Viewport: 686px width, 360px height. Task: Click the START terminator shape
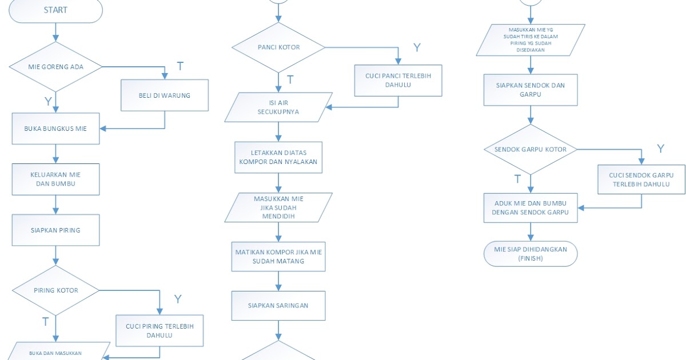(55, 10)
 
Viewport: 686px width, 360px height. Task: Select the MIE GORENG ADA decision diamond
(55, 67)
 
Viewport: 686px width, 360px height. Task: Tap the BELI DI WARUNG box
(165, 95)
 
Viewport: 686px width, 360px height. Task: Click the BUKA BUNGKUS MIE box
(55, 128)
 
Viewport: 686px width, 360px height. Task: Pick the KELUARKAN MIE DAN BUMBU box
(55, 179)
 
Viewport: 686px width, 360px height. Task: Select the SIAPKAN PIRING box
(55, 230)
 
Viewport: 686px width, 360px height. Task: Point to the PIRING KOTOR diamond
(55, 290)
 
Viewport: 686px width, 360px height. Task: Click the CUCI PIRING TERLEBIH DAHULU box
(159, 331)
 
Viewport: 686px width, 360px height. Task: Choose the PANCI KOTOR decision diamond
(278, 47)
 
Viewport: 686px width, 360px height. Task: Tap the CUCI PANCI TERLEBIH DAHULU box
(398, 80)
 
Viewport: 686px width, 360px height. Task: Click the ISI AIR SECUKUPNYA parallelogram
(278, 107)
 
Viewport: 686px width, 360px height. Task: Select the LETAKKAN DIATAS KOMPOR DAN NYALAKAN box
(278, 157)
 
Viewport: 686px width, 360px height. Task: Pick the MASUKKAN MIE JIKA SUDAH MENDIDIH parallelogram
(278, 207)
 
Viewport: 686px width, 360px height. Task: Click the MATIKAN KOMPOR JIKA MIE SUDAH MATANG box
(278, 256)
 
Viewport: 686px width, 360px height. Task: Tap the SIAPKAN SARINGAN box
(278, 306)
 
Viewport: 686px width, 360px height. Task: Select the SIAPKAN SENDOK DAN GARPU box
(531, 90)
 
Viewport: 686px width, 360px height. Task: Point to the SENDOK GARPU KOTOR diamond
(531, 150)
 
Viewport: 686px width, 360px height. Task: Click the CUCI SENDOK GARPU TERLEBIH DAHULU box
(641, 179)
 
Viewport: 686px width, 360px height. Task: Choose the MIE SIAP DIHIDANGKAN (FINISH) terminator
(531, 254)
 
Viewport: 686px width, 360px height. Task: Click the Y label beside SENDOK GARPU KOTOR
(661, 149)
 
